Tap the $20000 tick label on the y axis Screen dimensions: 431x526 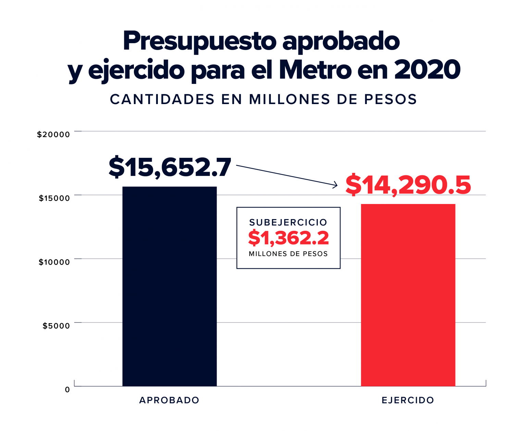pyautogui.click(x=53, y=135)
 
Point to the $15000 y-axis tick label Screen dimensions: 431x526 pyautogui.click(x=54, y=198)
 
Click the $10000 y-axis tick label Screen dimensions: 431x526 pyautogui.click(x=54, y=262)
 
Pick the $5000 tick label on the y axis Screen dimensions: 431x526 pyautogui.click(x=56, y=326)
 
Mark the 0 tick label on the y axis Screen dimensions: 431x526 pyautogui.click(x=67, y=390)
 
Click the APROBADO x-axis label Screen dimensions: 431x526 pyautogui.click(x=169, y=400)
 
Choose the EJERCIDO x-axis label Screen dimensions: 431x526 pyautogui.click(x=408, y=400)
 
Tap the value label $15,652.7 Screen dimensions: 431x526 pyautogui.click(x=170, y=167)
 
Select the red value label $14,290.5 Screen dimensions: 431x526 pyautogui.click(x=408, y=185)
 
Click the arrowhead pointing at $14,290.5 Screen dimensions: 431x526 pyautogui.click(x=336, y=185)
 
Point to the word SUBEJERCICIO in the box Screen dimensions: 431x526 pyautogui.click(x=288, y=223)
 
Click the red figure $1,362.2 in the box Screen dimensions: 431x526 pyautogui.click(x=288, y=238)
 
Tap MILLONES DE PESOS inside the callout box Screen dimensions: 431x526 pyautogui.click(x=288, y=254)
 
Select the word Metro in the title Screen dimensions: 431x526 pyautogui.click(x=315, y=70)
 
